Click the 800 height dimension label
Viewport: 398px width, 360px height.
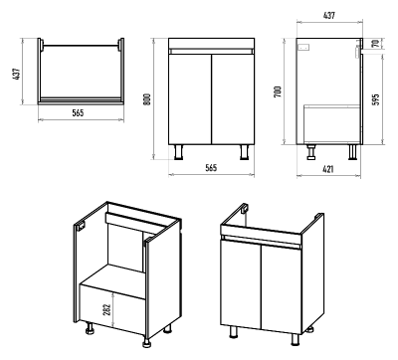tap(148, 99)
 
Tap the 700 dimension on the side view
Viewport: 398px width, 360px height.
tap(278, 91)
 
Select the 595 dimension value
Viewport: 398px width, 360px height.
tap(375, 99)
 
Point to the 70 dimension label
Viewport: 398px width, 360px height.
tap(375, 44)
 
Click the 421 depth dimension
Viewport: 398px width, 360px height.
tap(328, 169)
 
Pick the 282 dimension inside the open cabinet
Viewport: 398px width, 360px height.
tap(106, 309)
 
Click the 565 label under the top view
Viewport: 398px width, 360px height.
tap(78, 112)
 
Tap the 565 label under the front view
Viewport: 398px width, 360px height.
tap(211, 167)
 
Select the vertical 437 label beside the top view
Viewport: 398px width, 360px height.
tap(17, 74)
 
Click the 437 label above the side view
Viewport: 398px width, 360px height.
tap(329, 15)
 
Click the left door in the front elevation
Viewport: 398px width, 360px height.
tap(190, 99)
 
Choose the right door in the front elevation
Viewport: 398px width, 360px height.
tap(233, 99)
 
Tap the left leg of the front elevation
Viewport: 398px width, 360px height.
tap(179, 152)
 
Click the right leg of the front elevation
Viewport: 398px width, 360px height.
tap(245, 152)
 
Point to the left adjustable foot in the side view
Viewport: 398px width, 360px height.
tap(311, 152)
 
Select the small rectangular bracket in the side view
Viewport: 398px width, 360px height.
tap(304, 48)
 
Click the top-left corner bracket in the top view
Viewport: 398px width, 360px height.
tap(41, 45)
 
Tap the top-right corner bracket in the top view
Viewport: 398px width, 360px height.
tap(120, 45)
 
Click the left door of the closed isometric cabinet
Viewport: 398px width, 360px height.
tap(241, 283)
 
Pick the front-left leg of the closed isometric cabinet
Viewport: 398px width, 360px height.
tap(234, 331)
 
